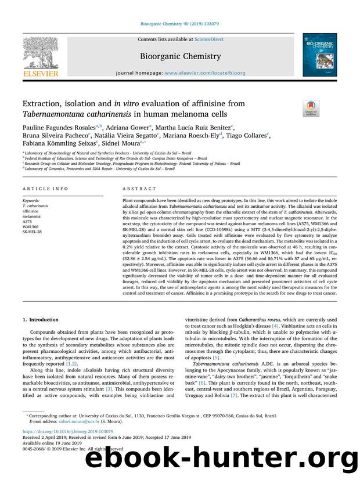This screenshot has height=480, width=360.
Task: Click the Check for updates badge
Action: (x=309, y=107)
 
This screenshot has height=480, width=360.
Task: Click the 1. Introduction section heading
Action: (x=41, y=319)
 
